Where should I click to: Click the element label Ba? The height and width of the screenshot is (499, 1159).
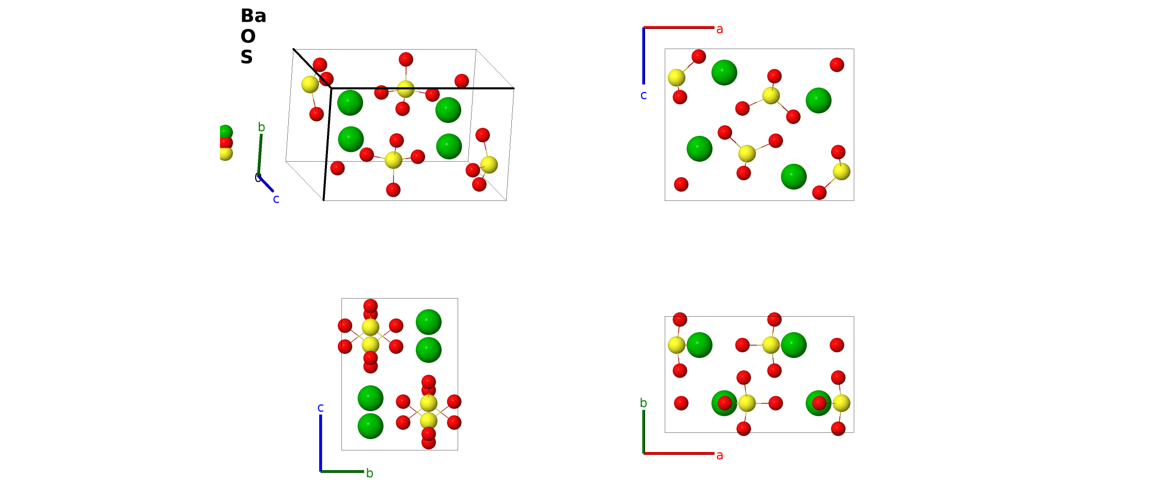point(253,16)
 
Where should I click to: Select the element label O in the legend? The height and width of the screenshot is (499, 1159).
point(248,37)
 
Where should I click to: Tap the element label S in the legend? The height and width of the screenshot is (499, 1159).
point(246,57)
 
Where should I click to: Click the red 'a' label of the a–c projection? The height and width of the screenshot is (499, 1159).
point(719,29)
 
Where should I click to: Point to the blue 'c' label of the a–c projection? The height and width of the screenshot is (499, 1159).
point(644,95)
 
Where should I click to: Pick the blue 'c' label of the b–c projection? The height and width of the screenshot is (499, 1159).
point(320,408)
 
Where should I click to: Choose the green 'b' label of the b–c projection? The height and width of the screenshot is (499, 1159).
point(369,473)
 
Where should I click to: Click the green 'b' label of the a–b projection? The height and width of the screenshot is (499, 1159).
point(643,403)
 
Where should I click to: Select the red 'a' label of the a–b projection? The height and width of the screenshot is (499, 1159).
point(719,456)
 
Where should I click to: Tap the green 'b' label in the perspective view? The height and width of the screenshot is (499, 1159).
point(261,127)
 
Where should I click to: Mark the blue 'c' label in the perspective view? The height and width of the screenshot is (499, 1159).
point(276,199)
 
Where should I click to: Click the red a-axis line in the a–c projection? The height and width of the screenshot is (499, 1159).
point(679,27)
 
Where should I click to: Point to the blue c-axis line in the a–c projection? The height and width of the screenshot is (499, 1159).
point(644,56)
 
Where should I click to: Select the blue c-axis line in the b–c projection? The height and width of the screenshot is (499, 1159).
point(321,443)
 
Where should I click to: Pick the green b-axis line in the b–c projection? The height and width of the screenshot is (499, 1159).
point(342,472)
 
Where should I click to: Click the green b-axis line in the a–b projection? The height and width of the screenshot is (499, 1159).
point(644,432)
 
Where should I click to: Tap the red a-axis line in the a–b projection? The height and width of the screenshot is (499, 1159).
point(679,454)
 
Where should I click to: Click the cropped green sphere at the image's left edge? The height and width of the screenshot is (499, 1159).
point(226,132)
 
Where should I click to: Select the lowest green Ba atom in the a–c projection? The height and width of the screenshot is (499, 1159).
point(794,177)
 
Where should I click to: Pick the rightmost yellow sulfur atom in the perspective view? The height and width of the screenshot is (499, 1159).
point(489,165)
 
